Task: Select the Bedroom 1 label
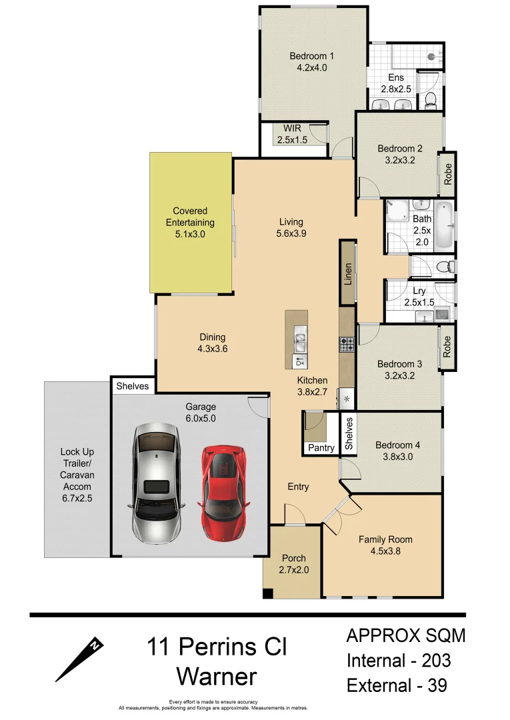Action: click(x=311, y=61)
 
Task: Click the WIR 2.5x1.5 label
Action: click(x=292, y=134)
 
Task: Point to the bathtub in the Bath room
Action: click(x=444, y=227)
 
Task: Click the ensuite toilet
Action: click(x=431, y=100)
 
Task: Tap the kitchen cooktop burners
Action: click(x=347, y=345)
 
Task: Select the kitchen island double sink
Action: click(x=299, y=343)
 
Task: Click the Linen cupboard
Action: click(x=347, y=274)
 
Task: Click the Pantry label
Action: click(x=321, y=448)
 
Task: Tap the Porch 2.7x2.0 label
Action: click(x=294, y=563)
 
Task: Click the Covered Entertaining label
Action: click(x=190, y=223)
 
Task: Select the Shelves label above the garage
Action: click(x=133, y=386)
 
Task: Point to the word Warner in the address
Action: click(x=217, y=677)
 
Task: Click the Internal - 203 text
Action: click(x=398, y=661)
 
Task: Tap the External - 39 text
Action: click(x=396, y=685)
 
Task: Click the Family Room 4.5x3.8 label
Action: click(x=385, y=545)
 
